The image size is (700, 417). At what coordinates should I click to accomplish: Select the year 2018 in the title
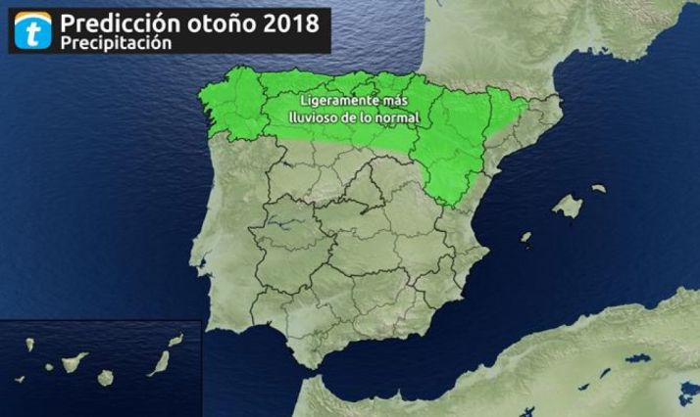click(x=290, y=23)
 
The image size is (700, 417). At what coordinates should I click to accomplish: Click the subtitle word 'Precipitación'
click(x=115, y=44)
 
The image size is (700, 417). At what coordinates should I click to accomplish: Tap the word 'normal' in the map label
click(x=395, y=117)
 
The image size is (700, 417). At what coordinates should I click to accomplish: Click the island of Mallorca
click(x=567, y=206)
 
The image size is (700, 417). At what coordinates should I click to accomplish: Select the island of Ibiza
click(x=525, y=238)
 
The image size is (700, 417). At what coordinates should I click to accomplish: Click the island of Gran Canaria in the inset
click(x=106, y=377)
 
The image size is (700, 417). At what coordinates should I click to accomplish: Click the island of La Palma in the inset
click(x=30, y=345)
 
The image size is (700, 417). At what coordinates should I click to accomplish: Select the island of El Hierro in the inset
click(x=20, y=379)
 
